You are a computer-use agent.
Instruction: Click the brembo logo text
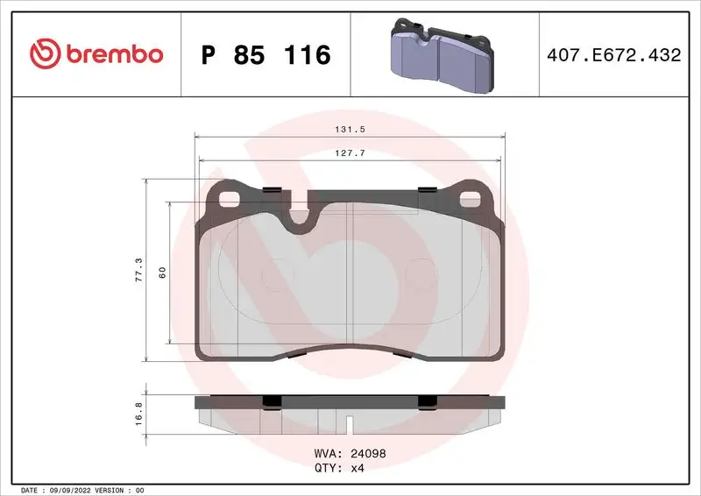tap(113, 54)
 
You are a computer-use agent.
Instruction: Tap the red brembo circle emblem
tap(43, 54)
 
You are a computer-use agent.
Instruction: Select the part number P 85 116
tap(266, 55)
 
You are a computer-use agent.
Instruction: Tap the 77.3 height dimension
tap(137, 268)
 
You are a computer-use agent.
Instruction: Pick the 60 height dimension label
tap(162, 272)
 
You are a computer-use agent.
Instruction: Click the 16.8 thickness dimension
tap(137, 411)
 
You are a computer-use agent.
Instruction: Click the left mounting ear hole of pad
tap(230, 197)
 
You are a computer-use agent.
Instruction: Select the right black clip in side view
tap(428, 401)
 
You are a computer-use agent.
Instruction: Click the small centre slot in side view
tap(350, 426)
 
